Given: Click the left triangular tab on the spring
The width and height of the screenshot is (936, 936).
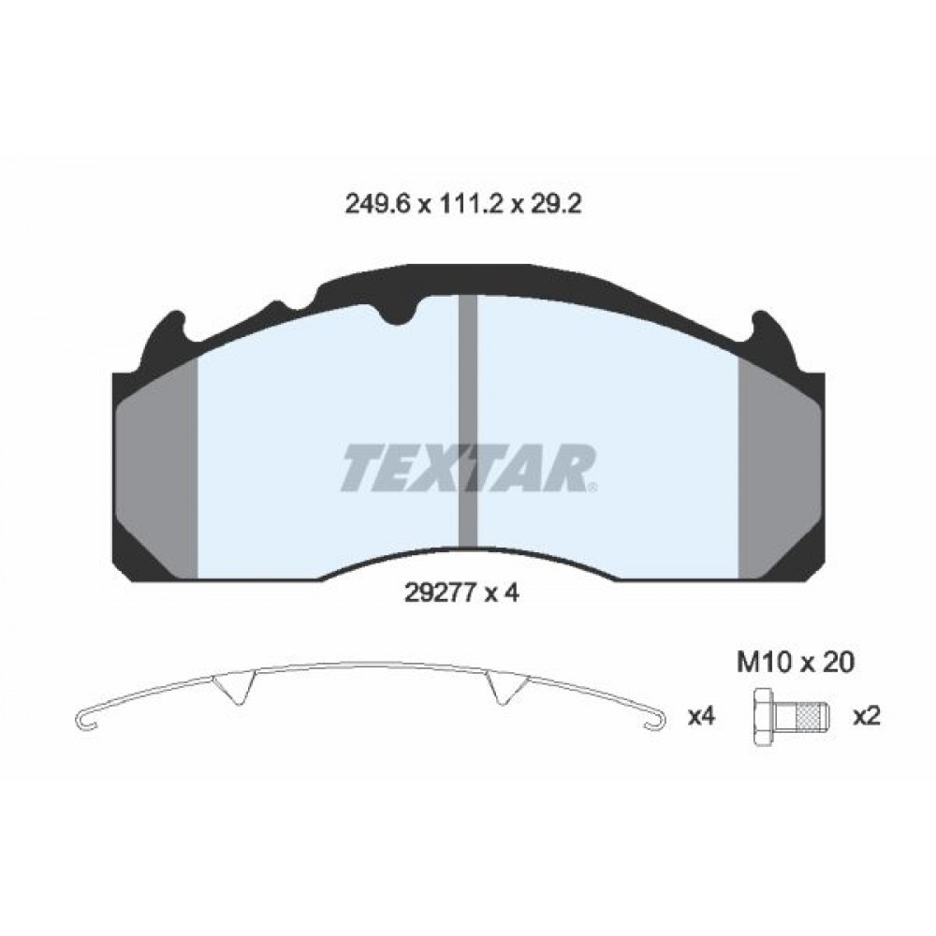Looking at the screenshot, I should tap(234, 689).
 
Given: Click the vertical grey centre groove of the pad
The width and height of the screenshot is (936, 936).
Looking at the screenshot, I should tap(468, 421).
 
